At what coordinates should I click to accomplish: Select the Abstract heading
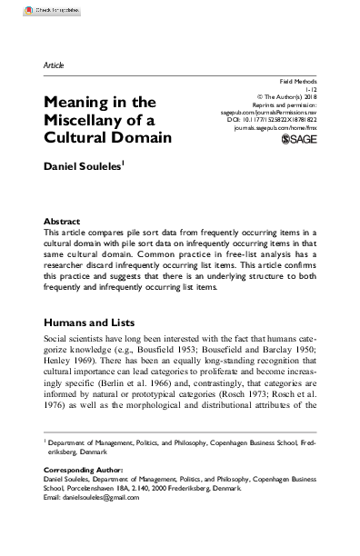tap(62, 221)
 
